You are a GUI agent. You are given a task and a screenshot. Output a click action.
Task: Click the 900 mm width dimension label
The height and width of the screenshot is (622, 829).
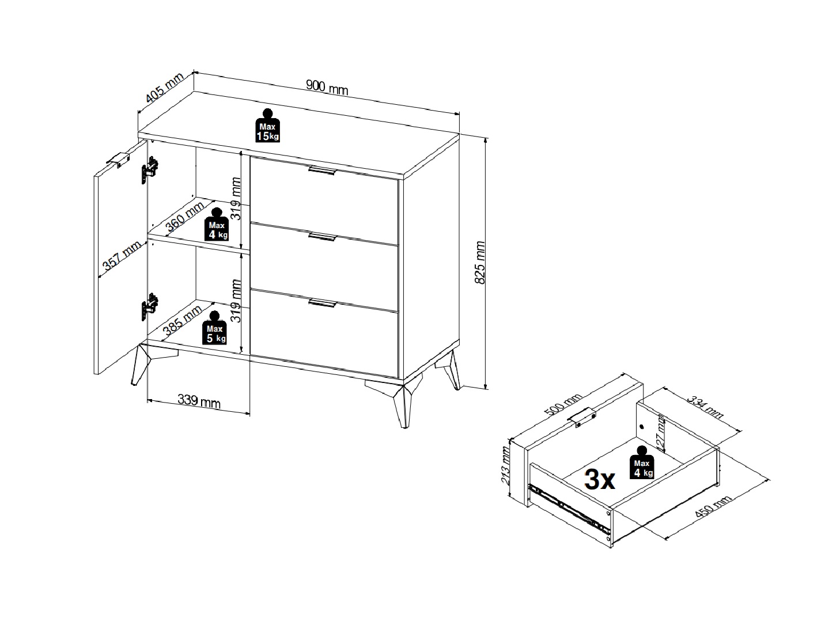(x=327, y=88)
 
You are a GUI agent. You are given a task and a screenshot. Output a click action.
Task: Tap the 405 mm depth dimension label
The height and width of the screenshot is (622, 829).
(x=164, y=88)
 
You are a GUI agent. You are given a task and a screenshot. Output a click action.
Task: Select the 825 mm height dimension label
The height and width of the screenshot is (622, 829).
(x=480, y=263)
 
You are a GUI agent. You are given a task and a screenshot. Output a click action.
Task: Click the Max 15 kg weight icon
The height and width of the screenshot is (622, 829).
(x=267, y=126)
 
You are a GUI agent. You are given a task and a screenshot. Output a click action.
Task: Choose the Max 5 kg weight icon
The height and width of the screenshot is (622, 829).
(x=214, y=328)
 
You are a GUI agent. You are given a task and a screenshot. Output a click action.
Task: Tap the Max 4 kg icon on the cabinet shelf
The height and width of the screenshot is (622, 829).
(x=217, y=224)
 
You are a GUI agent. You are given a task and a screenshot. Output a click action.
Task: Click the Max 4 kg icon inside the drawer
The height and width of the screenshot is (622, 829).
(x=642, y=462)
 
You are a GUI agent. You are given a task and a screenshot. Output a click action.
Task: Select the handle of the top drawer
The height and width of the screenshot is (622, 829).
(x=322, y=170)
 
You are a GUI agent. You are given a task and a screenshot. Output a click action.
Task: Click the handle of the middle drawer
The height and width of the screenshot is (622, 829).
(x=322, y=236)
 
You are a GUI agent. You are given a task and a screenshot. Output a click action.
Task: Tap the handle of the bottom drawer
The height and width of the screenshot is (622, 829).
(x=322, y=303)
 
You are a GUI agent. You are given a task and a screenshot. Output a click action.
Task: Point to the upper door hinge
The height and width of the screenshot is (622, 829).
(x=150, y=170)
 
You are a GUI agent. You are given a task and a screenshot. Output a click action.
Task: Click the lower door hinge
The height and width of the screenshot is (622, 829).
(x=150, y=307)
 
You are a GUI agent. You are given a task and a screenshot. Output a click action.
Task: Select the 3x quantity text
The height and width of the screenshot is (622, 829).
(x=600, y=480)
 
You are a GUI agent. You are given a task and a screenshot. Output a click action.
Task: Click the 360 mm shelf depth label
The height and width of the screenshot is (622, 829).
(x=185, y=217)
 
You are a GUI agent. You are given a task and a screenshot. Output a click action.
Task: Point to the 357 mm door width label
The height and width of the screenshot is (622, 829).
(x=122, y=256)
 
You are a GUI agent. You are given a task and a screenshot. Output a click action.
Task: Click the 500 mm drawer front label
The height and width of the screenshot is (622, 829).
(x=562, y=405)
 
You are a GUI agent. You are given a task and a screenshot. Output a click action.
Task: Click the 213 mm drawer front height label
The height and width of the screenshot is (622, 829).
(x=505, y=465)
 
